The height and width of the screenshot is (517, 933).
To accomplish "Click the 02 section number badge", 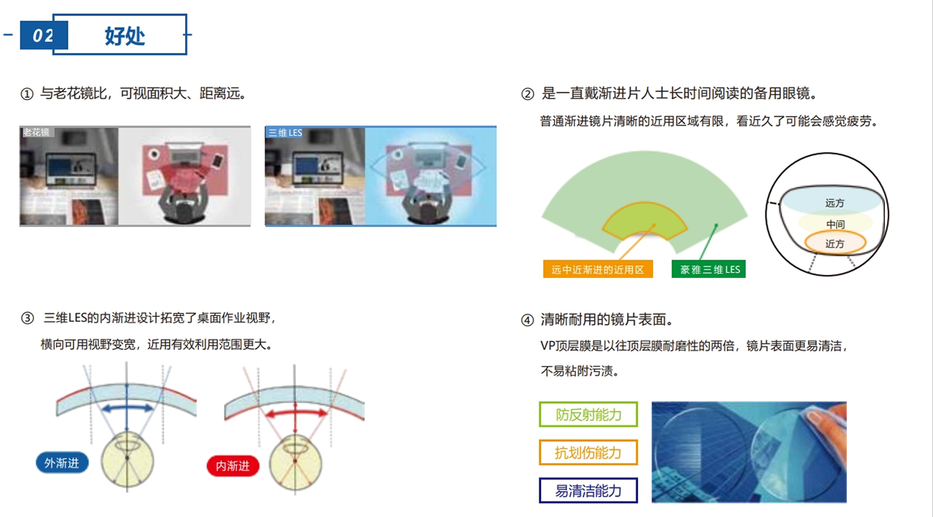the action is [x=44, y=36].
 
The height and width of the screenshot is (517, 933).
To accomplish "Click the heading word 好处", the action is [x=125, y=36].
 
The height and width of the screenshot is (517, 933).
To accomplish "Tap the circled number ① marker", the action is [x=27, y=94].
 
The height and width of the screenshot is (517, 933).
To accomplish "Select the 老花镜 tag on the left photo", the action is [x=36, y=132].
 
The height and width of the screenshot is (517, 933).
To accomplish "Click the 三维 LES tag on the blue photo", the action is [x=285, y=133].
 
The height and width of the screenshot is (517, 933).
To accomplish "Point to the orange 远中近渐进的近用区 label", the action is [x=598, y=270].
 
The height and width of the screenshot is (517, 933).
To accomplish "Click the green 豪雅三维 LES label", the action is [x=709, y=270].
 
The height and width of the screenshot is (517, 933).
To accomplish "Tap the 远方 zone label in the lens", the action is [x=835, y=203].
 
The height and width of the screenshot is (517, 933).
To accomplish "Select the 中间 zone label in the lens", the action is [x=835, y=225].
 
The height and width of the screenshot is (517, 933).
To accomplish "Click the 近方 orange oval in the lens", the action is [x=835, y=244].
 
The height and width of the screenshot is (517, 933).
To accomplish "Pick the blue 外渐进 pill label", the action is [x=62, y=463].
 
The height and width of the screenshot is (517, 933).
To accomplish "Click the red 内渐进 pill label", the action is [x=233, y=466].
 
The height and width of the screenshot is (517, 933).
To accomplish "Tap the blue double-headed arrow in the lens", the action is [x=127, y=408].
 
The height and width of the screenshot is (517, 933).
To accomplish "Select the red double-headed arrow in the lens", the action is [x=296, y=413].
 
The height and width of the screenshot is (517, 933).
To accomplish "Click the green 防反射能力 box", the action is [x=588, y=414].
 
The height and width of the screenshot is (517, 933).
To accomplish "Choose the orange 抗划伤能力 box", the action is [x=588, y=452].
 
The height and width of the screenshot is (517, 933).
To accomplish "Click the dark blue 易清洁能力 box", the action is [x=588, y=491].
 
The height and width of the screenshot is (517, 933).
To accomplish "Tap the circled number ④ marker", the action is [x=527, y=320].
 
